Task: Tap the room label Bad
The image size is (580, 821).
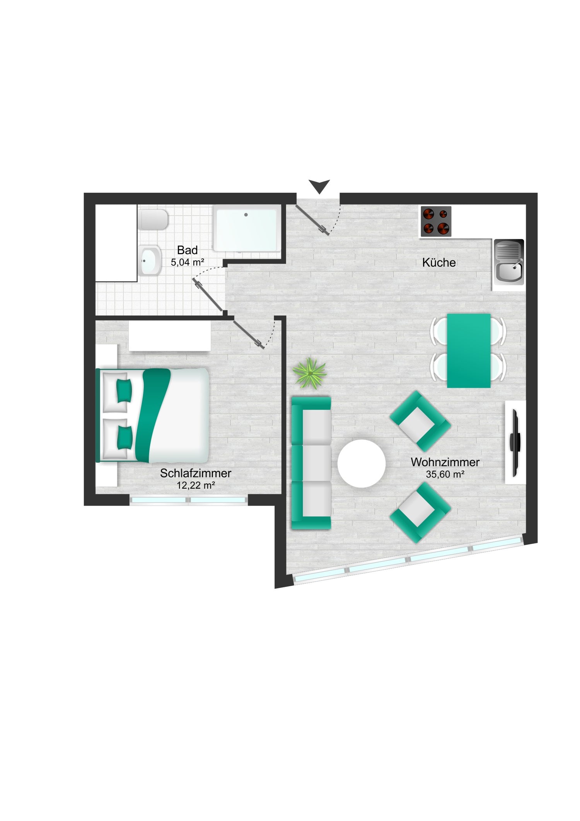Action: click(x=188, y=250)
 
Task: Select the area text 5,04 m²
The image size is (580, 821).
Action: click(x=188, y=262)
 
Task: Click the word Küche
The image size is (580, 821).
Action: click(x=439, y=262)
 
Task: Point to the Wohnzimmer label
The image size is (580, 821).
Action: click(x=445, y=462)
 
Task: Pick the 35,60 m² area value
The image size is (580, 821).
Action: click(x=445, y=474)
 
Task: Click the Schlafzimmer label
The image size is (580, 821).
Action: click(x=196, y=473)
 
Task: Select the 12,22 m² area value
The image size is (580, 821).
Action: click(x=196, y=485)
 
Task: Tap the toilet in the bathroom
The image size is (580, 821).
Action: click(x=154, y=220)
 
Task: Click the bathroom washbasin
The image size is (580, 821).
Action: click(x=150, y=260)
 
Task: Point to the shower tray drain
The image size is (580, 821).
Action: click(x=246, y=215)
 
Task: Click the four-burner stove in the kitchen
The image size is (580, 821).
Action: click(x=436, y=221)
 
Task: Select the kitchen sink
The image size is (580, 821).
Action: click(x=508, y=262)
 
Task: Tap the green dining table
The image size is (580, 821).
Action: click(x=469, y=351)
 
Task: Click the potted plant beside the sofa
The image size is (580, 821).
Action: click(x=309, y=373)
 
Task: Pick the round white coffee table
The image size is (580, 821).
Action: click(x=362, y=464)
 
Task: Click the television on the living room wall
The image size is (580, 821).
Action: click(x=515, y=443)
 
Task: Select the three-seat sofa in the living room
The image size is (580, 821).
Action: click(x=311, y=463)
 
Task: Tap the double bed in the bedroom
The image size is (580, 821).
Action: click(x=152, y=415)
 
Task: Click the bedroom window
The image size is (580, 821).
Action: click(x=188, y=500)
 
